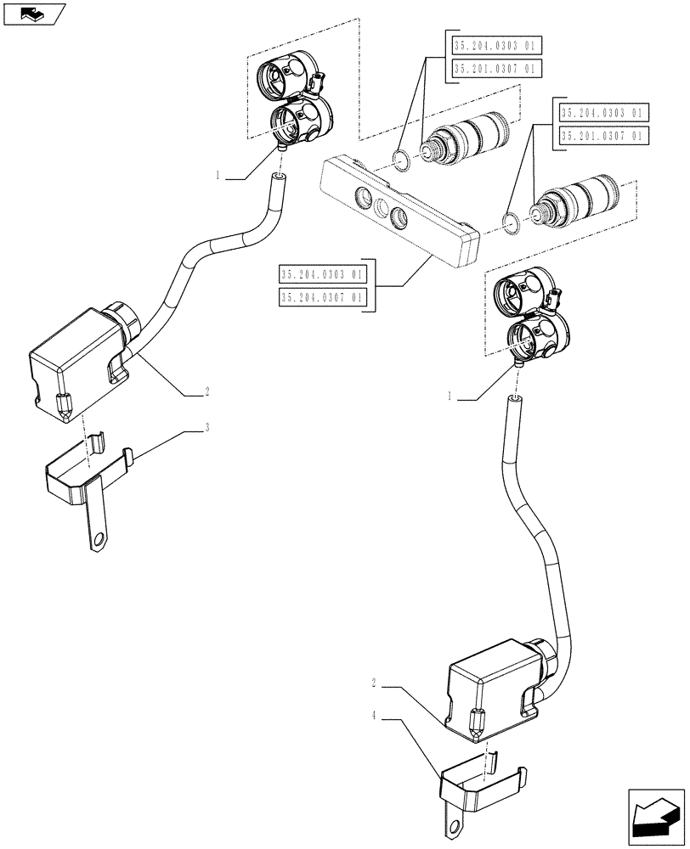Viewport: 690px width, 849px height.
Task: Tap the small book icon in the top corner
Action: tap(33, 13)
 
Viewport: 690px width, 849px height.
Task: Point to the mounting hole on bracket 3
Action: tap(100, 537)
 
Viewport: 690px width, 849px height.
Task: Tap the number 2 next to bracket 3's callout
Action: tap(206, 392)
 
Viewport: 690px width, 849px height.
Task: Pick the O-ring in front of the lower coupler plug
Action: tap(510, 224)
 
